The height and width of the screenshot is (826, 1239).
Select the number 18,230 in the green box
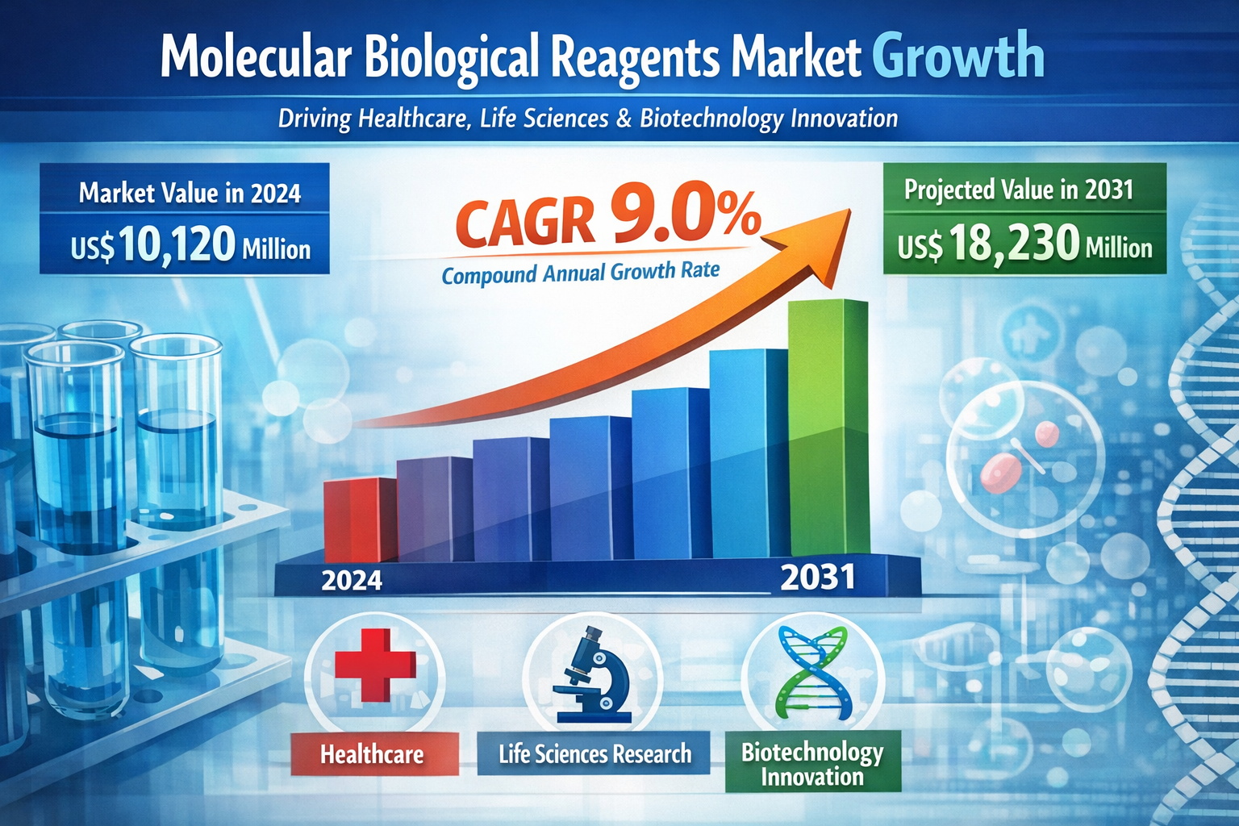1014,244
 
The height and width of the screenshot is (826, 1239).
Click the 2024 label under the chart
352,581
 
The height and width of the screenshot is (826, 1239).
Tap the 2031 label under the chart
818,578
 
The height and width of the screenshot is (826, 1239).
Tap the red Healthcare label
372,754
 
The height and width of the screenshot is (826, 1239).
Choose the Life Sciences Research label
594,754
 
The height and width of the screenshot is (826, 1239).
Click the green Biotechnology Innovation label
812,763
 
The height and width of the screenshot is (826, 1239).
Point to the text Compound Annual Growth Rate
580,273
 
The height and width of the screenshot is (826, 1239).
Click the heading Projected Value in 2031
1019,190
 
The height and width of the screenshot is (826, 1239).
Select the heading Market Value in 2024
190,194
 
